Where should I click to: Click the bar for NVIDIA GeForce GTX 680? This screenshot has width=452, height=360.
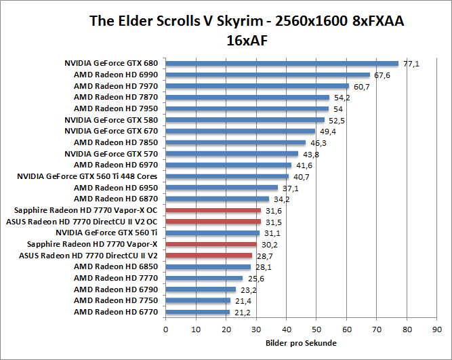282,64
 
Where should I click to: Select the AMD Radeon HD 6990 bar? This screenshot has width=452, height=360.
268,75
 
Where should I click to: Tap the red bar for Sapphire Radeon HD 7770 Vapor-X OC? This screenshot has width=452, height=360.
213,210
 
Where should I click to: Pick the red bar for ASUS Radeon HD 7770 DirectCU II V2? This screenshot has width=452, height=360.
209,256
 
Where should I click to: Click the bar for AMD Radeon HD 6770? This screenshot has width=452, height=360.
197,312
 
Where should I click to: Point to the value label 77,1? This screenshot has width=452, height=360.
411,64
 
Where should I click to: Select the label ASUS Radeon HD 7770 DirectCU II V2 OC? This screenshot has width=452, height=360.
82,222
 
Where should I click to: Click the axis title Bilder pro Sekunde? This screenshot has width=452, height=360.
301,343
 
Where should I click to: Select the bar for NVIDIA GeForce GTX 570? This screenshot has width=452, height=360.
232,154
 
